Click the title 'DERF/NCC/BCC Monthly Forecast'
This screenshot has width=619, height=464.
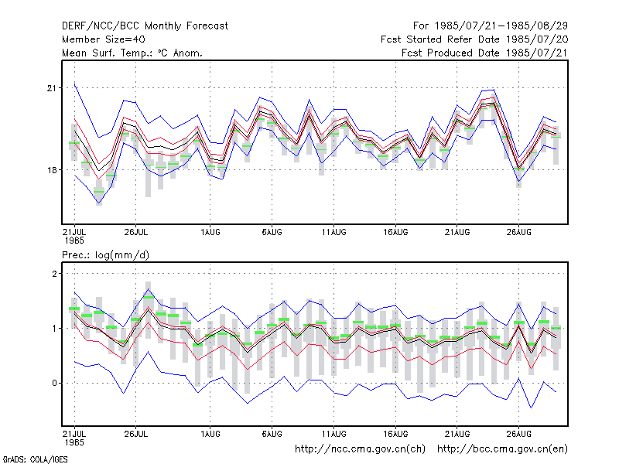pos(145,26)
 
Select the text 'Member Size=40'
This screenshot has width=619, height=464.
pos(104,39)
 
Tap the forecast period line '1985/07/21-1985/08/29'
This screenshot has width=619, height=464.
pos(501,26)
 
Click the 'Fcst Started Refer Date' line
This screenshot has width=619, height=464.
pos(440,39)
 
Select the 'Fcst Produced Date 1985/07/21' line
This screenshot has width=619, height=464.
pos(485,53)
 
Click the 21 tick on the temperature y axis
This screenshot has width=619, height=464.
pos(52,88)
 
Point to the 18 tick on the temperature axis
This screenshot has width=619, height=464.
pos(52,170)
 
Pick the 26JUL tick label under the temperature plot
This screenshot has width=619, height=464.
pos(136,232)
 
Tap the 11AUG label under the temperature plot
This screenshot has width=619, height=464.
pos(334,232)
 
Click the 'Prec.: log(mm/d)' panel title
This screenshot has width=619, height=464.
pos(105,255)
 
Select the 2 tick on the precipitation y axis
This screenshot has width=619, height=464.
pos(54,274)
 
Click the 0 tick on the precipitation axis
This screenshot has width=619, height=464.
pos(54,383)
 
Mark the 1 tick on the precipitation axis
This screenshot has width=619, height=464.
pos(54,328)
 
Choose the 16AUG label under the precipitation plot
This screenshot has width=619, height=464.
pos(395,434)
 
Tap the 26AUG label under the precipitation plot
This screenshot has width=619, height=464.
pos(518,434)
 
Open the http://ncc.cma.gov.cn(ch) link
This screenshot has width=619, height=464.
pos(360,449)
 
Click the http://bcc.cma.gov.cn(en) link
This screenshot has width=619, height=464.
pos(502,449)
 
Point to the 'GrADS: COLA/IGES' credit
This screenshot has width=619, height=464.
pos(35,459)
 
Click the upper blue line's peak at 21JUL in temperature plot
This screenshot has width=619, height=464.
pos(74,84)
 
